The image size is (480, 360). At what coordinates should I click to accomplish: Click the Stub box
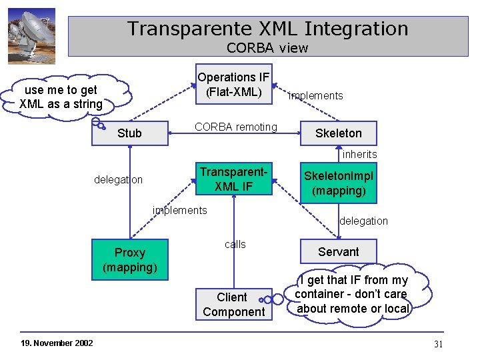point(129,133)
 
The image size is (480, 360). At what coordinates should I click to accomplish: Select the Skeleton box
point(338,133)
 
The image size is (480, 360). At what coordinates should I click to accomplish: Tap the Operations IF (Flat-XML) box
point(233,85)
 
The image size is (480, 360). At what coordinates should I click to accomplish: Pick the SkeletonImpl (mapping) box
point(339,183)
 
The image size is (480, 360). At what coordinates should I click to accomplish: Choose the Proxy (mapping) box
point(130,260)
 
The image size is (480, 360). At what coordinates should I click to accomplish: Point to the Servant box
point(338,252)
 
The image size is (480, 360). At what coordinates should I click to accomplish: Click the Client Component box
point(233,305)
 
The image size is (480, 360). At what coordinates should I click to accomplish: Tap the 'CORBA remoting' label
point(235,127)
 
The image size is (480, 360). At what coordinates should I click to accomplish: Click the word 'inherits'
point(359,155)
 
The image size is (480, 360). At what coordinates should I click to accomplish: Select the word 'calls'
point(235,245)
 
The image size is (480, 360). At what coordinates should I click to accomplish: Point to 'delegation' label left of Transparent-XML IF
point(118,180)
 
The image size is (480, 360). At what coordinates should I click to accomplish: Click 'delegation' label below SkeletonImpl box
point(363,221)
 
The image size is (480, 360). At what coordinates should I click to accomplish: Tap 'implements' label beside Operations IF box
point(315,96)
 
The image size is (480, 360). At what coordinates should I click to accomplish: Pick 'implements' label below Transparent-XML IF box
point(179,211)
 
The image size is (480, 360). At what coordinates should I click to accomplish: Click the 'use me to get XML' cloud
point(61,97)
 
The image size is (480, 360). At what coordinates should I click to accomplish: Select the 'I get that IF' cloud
point(352,294)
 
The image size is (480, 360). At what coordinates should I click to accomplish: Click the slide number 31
point(438,344)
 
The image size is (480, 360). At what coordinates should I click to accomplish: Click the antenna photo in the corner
point(31,37)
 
